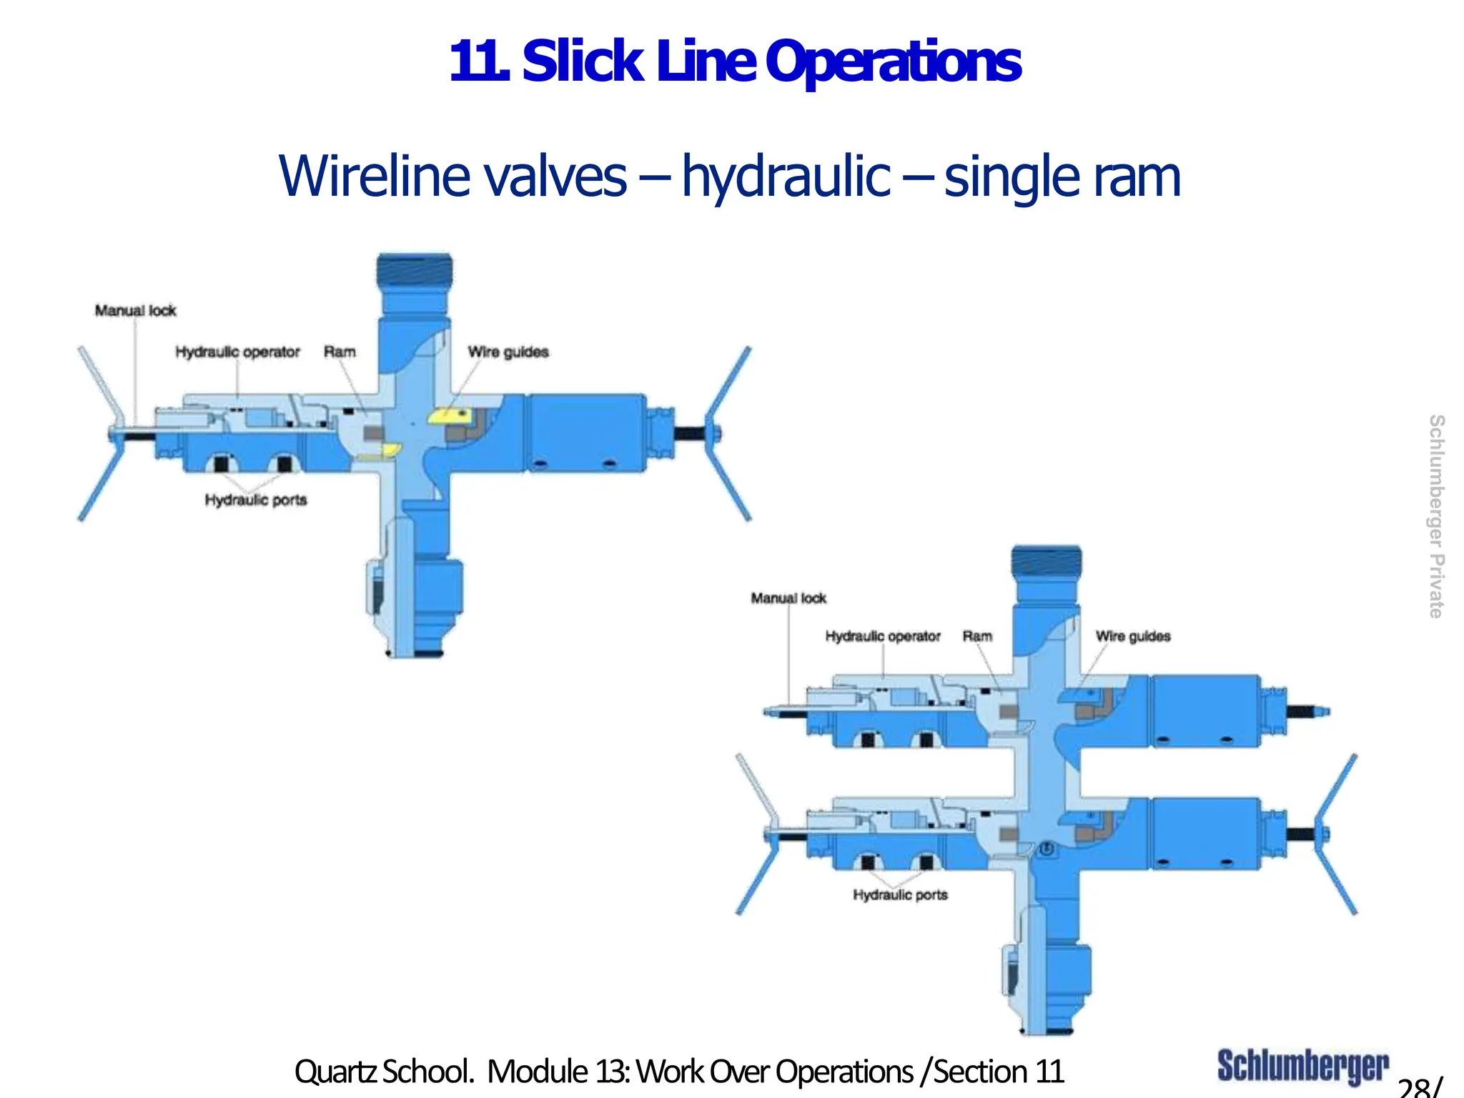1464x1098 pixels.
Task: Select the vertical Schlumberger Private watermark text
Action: pyautogui.click(x=1435, y=516)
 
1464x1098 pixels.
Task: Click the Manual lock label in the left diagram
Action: pyautogui.click(x=135, y=310)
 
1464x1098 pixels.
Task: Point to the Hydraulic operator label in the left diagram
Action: pyautogui.click(x=237, y=352)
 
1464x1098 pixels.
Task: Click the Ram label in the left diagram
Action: pyautogui.click(x=340, y=352)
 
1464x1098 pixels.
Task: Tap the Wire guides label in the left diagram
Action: pyautogui.click(x=508, y=352)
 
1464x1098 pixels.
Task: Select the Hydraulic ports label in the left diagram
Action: pyautogui.click(x=256, y=500)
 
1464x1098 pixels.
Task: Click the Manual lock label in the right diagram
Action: pyautogui.click(x=788, y=598)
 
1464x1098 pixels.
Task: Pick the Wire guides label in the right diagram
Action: pyautogui.click(x=1133, y=635)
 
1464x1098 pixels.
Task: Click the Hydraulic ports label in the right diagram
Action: pyautogui.click(x=900, y=894)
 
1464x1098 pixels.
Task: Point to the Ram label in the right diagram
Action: pyautogui.click(x=977, y=635)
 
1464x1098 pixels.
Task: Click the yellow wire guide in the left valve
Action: pyautogui.click(x=447, y=415)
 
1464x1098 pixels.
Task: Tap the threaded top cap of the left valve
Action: pyautogui.click(x=415, y=272)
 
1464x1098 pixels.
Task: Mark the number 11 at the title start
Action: pyautogui.click(x=475, y=63)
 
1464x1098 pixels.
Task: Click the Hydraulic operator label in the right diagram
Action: pyautogui.click(x=883, y=635)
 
